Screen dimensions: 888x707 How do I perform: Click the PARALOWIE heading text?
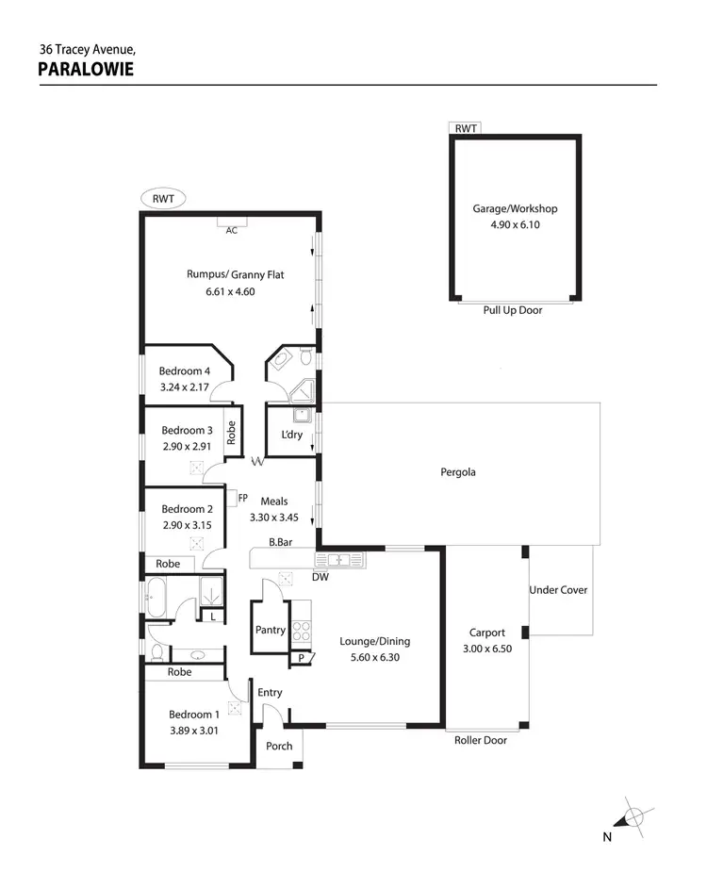click(86, 69)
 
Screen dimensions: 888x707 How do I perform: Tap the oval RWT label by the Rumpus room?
click(164, 199)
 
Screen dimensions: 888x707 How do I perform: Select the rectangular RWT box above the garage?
click(465, 128)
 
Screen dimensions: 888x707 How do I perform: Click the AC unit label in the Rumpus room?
click(231, 229)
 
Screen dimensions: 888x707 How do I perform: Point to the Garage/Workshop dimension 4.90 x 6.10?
click(514, 225)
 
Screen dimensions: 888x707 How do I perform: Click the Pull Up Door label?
click(513, 310)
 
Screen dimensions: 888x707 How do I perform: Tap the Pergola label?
click(458, 472)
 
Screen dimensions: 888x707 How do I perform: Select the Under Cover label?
click(558, 590)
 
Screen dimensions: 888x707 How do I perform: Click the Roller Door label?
click(481, 740)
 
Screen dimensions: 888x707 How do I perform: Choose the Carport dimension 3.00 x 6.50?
click(487, 649)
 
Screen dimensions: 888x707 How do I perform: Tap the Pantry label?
click(271, 630)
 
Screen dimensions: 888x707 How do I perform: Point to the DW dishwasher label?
click(321, 577)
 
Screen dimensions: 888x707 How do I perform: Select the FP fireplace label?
click(242, 498)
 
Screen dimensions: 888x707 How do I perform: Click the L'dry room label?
click(292, 435)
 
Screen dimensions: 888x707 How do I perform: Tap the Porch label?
click(279, 746)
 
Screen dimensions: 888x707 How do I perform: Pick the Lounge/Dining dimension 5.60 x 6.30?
click(374, 657)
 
